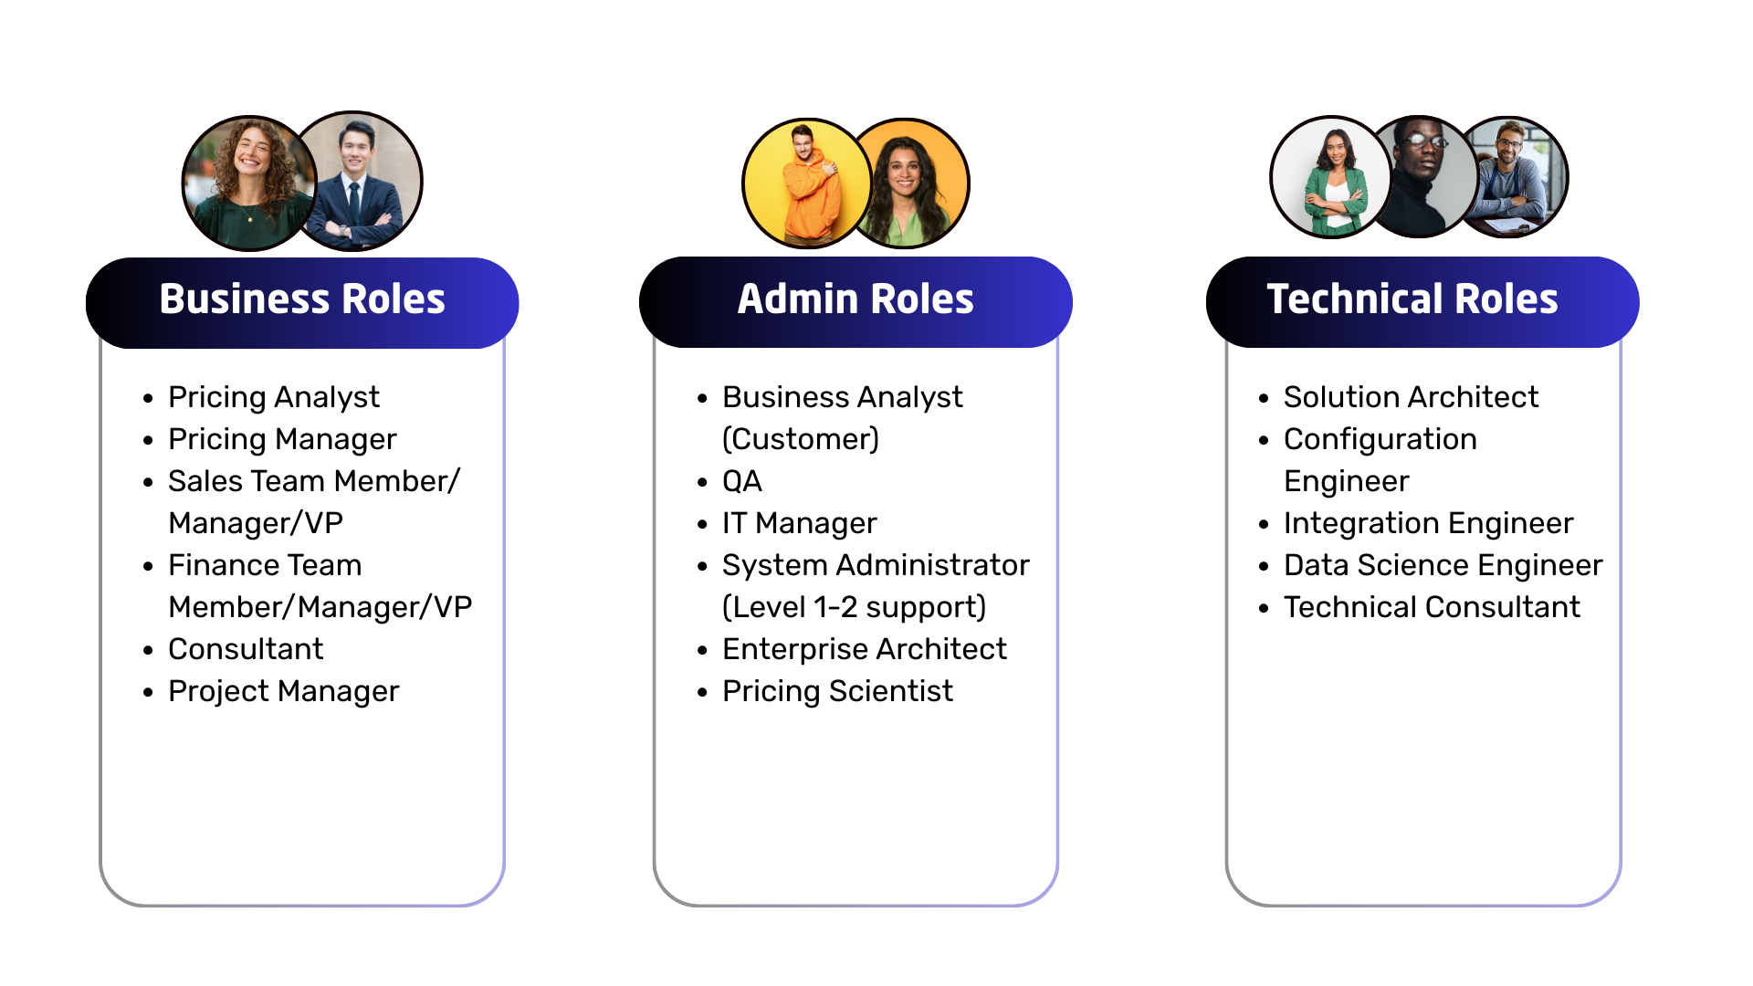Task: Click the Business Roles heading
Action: (x=302, y=299)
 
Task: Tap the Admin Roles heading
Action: (x=856, y=299)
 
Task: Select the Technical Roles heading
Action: (x=1412, y=299)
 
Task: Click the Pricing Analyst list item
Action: (x=274, y=398)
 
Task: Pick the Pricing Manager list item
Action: (x=283, y=440)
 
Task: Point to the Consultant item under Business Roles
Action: (x=246, y=649)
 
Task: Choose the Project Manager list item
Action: (x=284, y=692)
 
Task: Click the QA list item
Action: (x=742, y=481)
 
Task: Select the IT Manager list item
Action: (x=800, y=524)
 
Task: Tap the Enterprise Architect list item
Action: (x=865, y=649)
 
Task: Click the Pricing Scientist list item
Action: (x=838, y=692)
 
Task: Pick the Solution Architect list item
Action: (x=1412, y=397)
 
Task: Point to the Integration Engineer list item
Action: (x=1429, y=524)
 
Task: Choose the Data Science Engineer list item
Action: (x=1443, y=566)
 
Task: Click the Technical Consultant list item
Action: (x=1433, y=607)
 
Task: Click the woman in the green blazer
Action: (x=1333, y=177)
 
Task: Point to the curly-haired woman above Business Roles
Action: (x=248, y=184)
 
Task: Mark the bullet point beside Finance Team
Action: (x=149, y=567)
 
